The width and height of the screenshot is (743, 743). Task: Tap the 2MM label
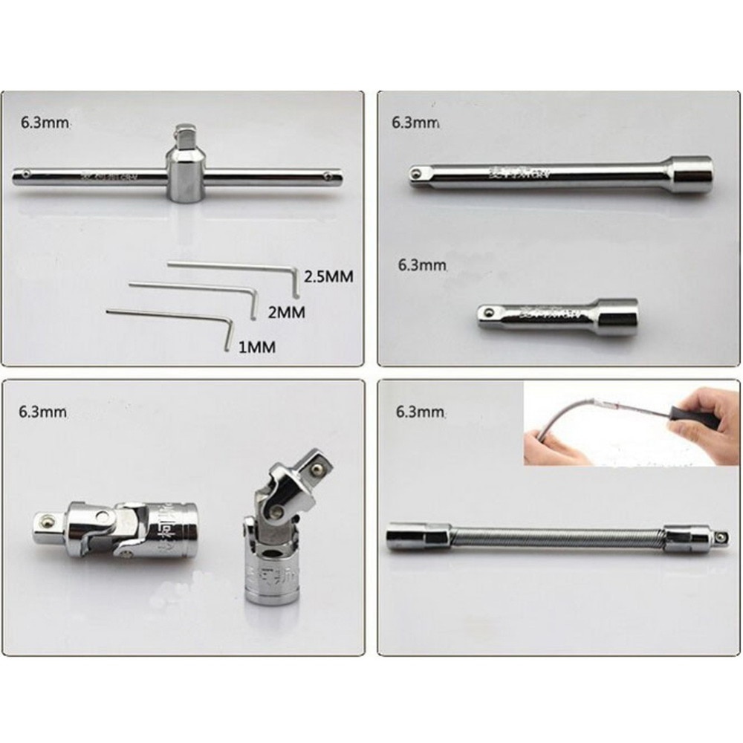[286, 312]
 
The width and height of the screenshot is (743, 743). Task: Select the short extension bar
[557, 316]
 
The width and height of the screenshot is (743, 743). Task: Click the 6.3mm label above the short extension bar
[422, 264]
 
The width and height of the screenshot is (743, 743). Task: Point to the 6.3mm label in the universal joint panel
[45, 411]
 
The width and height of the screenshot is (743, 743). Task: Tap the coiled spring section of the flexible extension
[557, 536]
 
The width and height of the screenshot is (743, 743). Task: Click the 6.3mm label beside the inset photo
[421, 411]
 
